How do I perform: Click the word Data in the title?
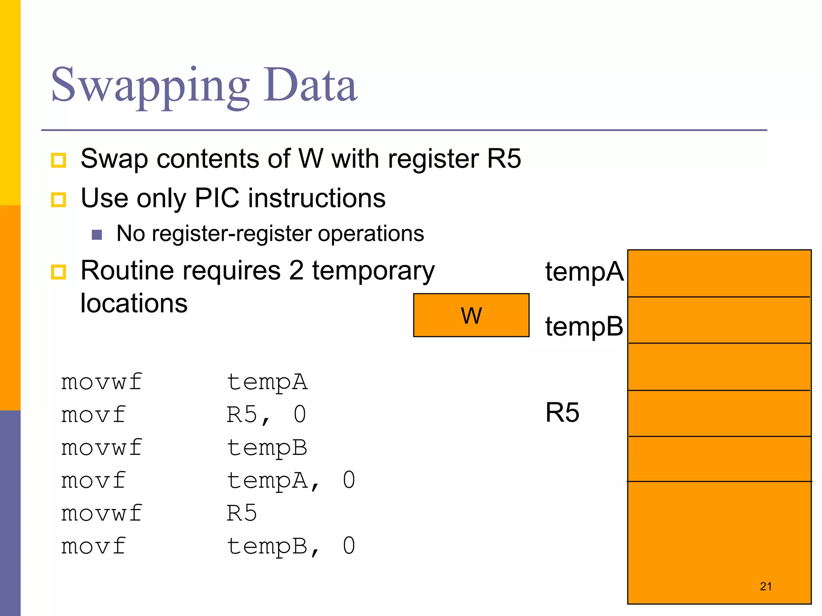point(310,85)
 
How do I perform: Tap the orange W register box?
point(471,315)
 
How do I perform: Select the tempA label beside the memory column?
point(584,272)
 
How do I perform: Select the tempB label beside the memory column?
point(584,326)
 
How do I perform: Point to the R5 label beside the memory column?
point(562,413)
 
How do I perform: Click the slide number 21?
point(765,586)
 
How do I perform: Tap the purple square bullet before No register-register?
point(97,235)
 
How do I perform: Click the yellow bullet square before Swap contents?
point(59,160)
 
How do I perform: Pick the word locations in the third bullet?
point(134,303)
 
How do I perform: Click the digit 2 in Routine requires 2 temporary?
point(296,271)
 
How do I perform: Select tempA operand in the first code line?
point(267,382)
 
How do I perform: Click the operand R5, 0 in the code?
point(266,415)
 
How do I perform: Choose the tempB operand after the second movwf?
point(267,448)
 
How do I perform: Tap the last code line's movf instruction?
point(93,546)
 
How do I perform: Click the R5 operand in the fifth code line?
point(242,513)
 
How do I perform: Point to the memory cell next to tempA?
point(719,274)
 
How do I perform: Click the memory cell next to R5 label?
point(719,413)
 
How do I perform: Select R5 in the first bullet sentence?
point(504,159)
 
